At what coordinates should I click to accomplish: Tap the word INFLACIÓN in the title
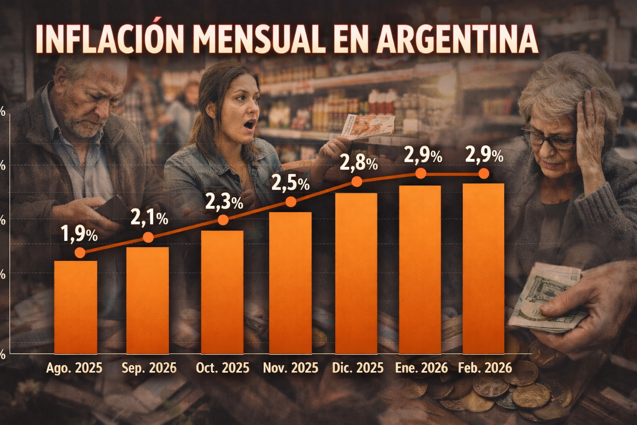pos(109,39)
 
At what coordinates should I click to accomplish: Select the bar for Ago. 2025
pos(76,307)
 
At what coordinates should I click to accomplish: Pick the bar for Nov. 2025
pos(290,282)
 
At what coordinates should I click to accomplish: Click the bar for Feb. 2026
pos(483,268)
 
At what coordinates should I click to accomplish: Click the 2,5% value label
pos(290,183)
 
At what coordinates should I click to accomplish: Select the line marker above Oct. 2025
pos(223,220)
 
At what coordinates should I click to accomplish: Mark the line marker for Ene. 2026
pos(421,173)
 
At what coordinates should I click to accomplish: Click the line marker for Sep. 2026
pos(148,237)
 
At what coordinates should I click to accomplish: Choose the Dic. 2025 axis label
pos(357,368)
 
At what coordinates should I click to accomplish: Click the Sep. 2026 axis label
pos(149,368)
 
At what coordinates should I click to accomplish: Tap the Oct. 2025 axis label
pos(223,368)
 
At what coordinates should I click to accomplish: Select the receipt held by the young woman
pos(368,126)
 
